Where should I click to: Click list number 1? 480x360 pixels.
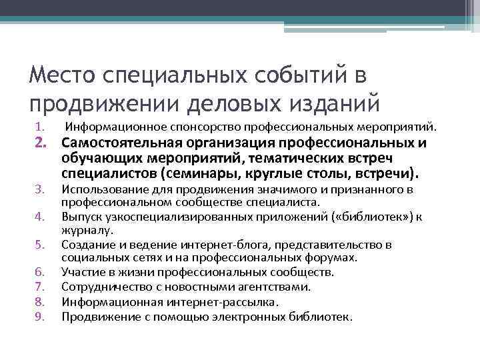click(x=39, y=127)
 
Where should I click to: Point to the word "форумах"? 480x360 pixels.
click(x=333, y=257)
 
